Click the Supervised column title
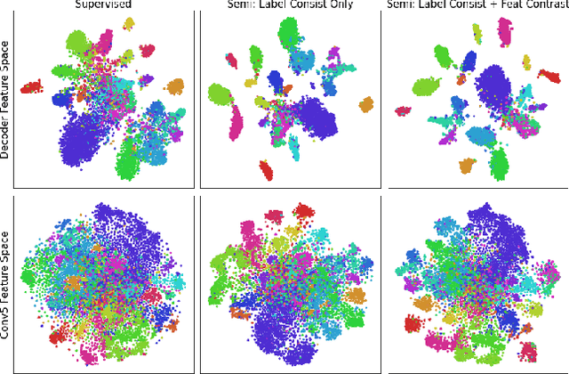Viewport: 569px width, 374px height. pos(102,4)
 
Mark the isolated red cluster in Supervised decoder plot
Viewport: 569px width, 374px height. pos(31,86)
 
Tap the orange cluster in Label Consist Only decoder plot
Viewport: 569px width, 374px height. pos(366,105)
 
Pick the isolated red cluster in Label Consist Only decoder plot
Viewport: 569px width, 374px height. pos(265,169)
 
